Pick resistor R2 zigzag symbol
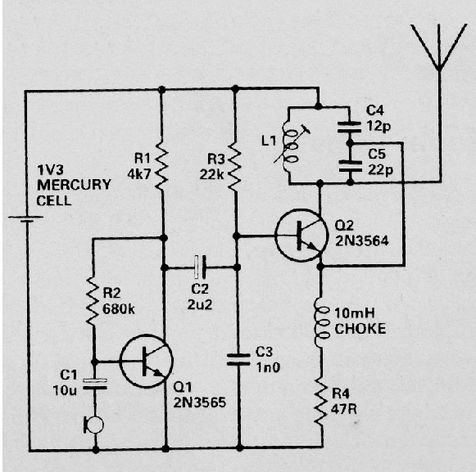coord(93,302)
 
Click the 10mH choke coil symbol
coord(320,320)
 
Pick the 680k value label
coord(120,310)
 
